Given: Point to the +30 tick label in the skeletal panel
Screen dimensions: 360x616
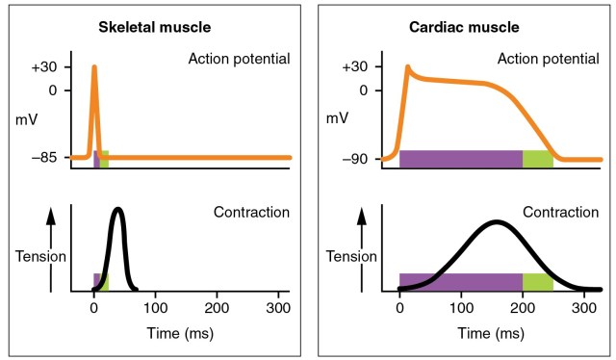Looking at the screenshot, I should [45, 67].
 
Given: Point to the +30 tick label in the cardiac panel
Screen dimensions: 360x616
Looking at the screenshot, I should [356, 67].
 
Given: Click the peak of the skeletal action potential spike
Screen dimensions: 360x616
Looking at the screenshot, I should [94, 67].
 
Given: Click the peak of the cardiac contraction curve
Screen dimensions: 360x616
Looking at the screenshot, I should [496, 222].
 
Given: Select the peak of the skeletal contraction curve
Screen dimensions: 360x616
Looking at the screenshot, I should [117, 209].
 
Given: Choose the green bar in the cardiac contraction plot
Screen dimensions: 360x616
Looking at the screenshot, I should [537, 282].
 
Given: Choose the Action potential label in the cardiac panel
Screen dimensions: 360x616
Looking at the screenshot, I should [550, 60].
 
